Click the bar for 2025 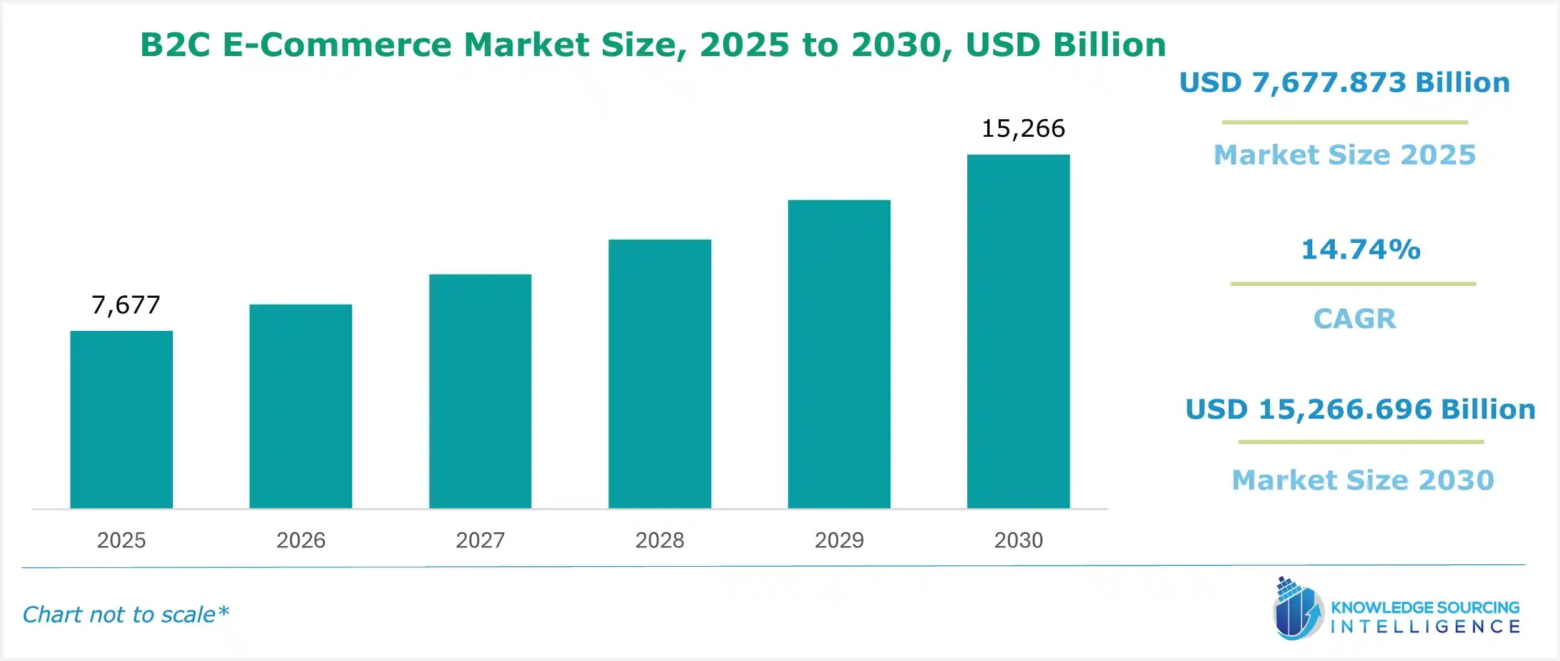pos(121,419)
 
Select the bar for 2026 pos(300,406)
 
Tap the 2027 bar pos(480,391)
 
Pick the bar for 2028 pos(660,374)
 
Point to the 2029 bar pos(839,354)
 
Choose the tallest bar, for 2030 pos(1018,331)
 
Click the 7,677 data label pos(125,305)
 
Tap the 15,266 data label pos(1023,129)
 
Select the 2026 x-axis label pos(301,540)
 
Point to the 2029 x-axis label pos(839,540)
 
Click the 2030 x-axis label pos(1018,540)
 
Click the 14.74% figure pos(1360,250)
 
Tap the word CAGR pos(1354,319)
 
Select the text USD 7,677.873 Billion pos(1344,83)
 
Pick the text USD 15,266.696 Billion pos(1360,409)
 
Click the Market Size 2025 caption pos(1344,155)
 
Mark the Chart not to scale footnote pos(125,615)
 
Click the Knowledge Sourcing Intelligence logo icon pos(1297,609)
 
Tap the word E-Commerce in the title pos(336,45)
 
